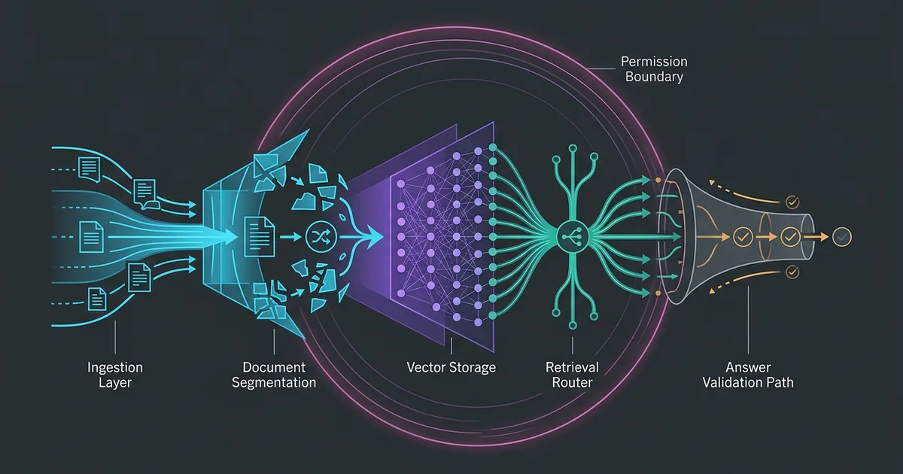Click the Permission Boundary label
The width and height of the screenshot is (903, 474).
tap(654, 69)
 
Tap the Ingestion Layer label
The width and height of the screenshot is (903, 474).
tap(115, 375)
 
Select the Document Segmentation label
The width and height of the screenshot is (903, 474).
tap(274, 375)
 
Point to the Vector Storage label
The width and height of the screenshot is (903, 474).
tap(451, 367)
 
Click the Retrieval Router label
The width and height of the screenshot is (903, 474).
tap(572, 375)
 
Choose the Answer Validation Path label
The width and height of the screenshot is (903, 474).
tap(748, 375)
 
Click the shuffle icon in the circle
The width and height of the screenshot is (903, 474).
tap(321, 236)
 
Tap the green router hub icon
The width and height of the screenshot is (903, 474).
tap(573, 236)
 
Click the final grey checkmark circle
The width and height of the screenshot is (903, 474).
tap(842, 237)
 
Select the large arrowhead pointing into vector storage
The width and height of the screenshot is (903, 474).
tap(374, 236)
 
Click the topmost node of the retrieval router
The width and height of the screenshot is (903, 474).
tap(573, 149)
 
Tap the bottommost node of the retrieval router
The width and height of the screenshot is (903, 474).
tap(573, 325)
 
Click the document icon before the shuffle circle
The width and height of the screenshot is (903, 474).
tap(260, 236)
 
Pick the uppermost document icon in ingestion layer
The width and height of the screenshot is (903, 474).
tap(90, 169)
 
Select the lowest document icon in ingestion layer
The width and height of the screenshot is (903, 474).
tap(97, 299)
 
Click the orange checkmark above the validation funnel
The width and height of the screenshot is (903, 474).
tap(792, 202)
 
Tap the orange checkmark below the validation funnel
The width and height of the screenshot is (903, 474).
tap(792, 272)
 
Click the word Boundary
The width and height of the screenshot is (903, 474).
tap(654, 77)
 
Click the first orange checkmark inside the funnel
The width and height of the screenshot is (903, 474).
tap(743, 237)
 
